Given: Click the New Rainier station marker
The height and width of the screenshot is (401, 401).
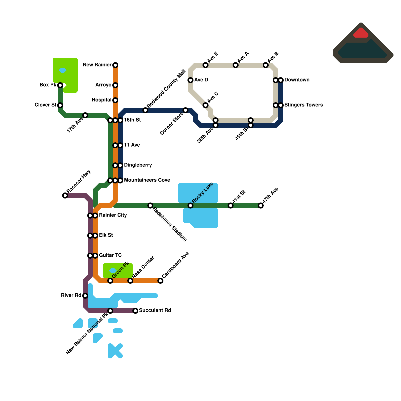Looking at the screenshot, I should pos(115,65).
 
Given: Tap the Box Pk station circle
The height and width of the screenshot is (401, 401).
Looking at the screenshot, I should pos(60,85).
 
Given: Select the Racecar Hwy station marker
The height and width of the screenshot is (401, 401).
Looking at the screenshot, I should pos(65,195).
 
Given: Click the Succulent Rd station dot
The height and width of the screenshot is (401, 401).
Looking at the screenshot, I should pos(135,311).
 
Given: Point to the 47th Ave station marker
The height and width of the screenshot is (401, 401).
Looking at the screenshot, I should pos(261,206).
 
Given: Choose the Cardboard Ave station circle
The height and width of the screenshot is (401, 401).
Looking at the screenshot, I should pos(160,281).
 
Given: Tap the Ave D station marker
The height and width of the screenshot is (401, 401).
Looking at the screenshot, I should pos(190,80).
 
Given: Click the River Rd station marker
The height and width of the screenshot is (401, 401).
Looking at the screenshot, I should pos(85,296).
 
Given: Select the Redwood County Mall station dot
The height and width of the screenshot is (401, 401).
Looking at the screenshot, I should pos(145,110).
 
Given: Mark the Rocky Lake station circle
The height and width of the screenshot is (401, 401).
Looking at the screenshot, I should pos(190,206).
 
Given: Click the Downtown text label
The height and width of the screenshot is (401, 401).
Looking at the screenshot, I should pos(297,80).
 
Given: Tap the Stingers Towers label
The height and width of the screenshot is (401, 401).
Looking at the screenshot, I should pos(304,105).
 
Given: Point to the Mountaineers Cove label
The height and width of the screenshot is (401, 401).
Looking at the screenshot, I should pos(147,180).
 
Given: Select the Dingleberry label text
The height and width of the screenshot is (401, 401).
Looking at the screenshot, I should pos(138,165).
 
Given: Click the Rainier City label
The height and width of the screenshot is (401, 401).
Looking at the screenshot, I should pos(113,215).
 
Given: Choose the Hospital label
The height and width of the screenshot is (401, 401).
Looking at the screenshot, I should pos(102,100).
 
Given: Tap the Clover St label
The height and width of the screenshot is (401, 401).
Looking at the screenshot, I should pos(45,105).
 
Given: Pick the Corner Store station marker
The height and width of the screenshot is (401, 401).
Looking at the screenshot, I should pos(185,110).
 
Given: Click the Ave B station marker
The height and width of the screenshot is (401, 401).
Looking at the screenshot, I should pos(266,65).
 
